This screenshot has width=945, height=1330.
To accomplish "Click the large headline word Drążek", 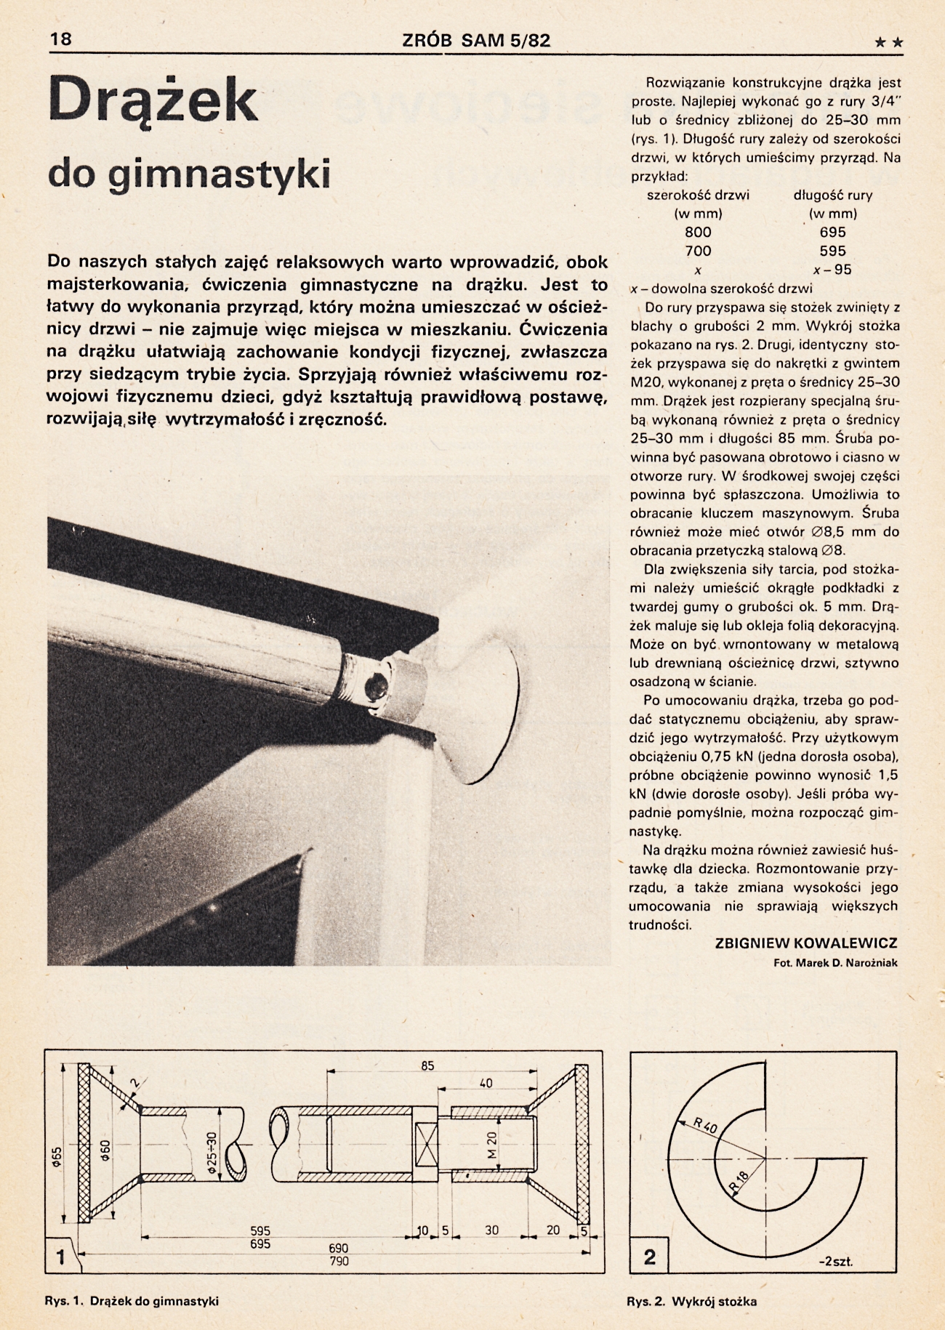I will click(x=153, y=102).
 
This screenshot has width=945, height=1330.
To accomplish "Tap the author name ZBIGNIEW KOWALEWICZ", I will click(x=806, y=943).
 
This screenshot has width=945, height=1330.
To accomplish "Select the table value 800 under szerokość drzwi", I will click(x=698, y=233).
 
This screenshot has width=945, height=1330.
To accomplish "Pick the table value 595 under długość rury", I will click(x=832, y=251).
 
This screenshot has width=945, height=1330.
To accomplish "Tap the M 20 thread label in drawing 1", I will click(x=491, y=1145).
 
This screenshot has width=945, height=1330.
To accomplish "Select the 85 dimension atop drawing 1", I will click(x=427, y=1065).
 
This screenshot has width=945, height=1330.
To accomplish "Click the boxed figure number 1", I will click(x=61, y=1256).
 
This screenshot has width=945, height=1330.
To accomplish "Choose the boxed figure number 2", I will click(x=649, y=1257).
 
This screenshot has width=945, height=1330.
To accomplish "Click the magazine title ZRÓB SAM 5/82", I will click(x=476, y=41).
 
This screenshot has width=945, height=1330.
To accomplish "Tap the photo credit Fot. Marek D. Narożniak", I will click(x=835, y=963).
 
